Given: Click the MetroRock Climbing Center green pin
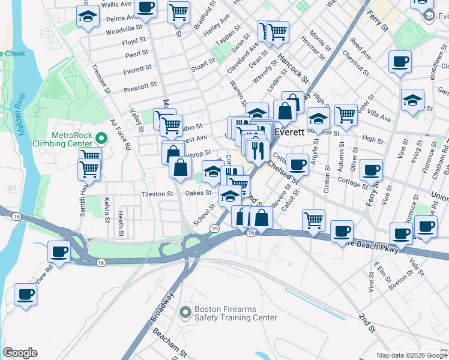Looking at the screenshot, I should pyautogui.click(x=101, y=139).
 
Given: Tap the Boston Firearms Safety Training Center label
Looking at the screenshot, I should pyautogui.click(x=235, y=314).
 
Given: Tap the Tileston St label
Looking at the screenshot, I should pyautogui.click(x=157, y=194).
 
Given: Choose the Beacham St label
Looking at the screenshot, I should pyautogui.click(x=165, y=340).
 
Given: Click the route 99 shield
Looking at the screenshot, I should pyautogui.click(x=214, y=228).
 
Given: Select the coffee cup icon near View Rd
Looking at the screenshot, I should pyautogui.click(x=59, y=252).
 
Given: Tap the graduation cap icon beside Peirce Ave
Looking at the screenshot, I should pyautogui.click(x=88, y=17).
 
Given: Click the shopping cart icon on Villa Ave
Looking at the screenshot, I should pyautogui.click(x=346, y=114).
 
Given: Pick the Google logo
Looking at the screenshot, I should pyautogui.click(x=20, y=353).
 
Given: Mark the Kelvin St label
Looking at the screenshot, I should pyautogui.click(x=106, y=209).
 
